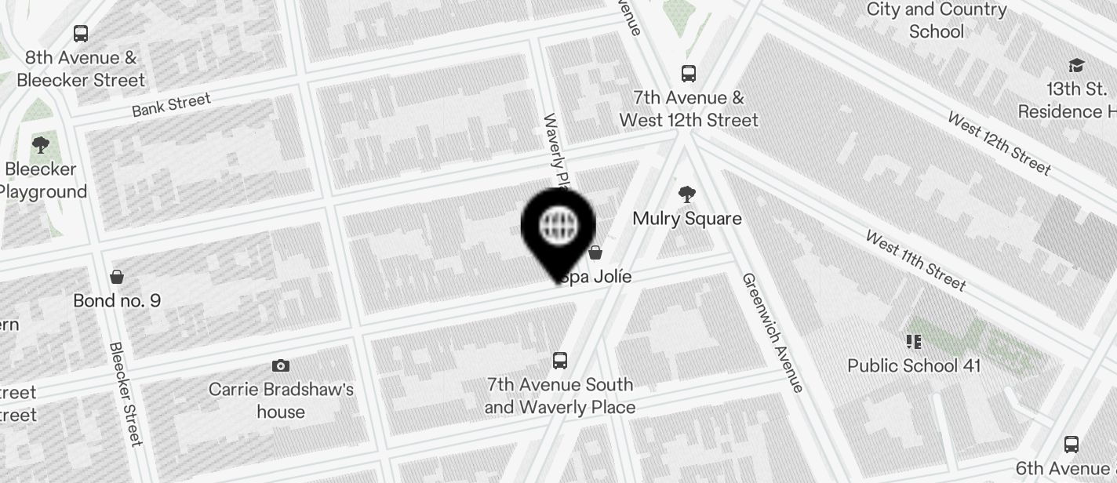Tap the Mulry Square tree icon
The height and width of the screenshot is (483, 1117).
click(x=687, y=194)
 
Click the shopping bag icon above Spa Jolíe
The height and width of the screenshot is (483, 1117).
click(x=595, y=252)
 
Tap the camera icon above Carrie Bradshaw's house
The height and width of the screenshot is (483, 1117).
click(x=281, y=365)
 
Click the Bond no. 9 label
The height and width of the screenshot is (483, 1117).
click(x=117, y=300)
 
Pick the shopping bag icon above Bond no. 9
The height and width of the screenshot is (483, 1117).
click(x=117, y=276)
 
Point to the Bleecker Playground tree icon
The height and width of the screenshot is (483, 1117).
click(x=41, y=145)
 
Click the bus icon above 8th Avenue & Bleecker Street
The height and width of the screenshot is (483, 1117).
click(x=81, y=34)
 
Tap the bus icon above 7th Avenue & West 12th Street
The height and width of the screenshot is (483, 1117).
click(x=689, y=74)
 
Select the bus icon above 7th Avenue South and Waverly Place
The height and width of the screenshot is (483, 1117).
click(x=560, y=361)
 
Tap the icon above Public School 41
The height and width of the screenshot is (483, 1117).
click(x=913, y=341)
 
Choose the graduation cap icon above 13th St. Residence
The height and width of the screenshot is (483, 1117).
click(x=1076, y=65)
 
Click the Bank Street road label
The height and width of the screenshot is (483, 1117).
click(x=171, y=105)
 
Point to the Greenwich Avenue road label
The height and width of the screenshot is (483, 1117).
click(x=773, y=332)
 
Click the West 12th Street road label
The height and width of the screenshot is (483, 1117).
click(x=999, y=143)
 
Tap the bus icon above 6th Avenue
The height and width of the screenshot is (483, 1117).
click(x=1072, y=445)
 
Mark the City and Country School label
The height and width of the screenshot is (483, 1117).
click(x=936, y=20)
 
